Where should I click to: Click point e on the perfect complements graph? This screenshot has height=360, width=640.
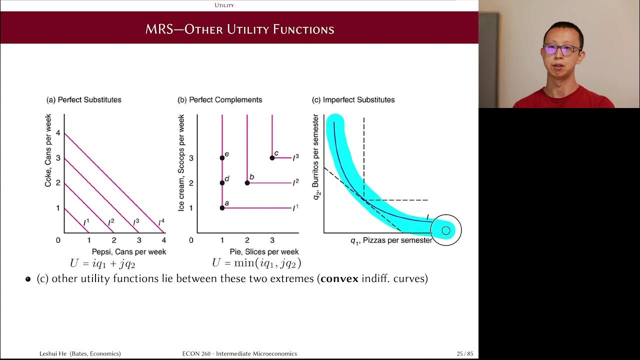click(222, 158)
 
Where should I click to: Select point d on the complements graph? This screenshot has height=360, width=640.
click(222, 183)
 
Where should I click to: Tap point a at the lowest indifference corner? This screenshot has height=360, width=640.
click(222, 208)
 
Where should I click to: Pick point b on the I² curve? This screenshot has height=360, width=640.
click(247, 183)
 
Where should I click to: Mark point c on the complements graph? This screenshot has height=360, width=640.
click(272, 158)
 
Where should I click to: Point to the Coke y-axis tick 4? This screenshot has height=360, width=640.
click(58, 133)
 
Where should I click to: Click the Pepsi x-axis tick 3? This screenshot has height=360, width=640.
click(139, 240)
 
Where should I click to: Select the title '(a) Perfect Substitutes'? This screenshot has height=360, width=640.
click(84, 99)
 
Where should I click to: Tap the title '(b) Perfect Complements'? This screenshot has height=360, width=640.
click(219, 99)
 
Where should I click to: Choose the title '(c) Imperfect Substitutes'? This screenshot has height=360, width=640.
click(353, 99)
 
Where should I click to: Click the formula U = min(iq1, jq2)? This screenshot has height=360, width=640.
click(256, 263)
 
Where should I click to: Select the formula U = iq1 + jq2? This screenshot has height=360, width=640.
click(102, 263)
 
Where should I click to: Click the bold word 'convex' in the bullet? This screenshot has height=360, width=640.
click(339, 278)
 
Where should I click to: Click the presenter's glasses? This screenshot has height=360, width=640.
click(562, 49)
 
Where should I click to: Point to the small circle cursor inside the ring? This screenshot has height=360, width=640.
click(446, 230)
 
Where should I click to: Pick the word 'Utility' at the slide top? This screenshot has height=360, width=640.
click(224, 5)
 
